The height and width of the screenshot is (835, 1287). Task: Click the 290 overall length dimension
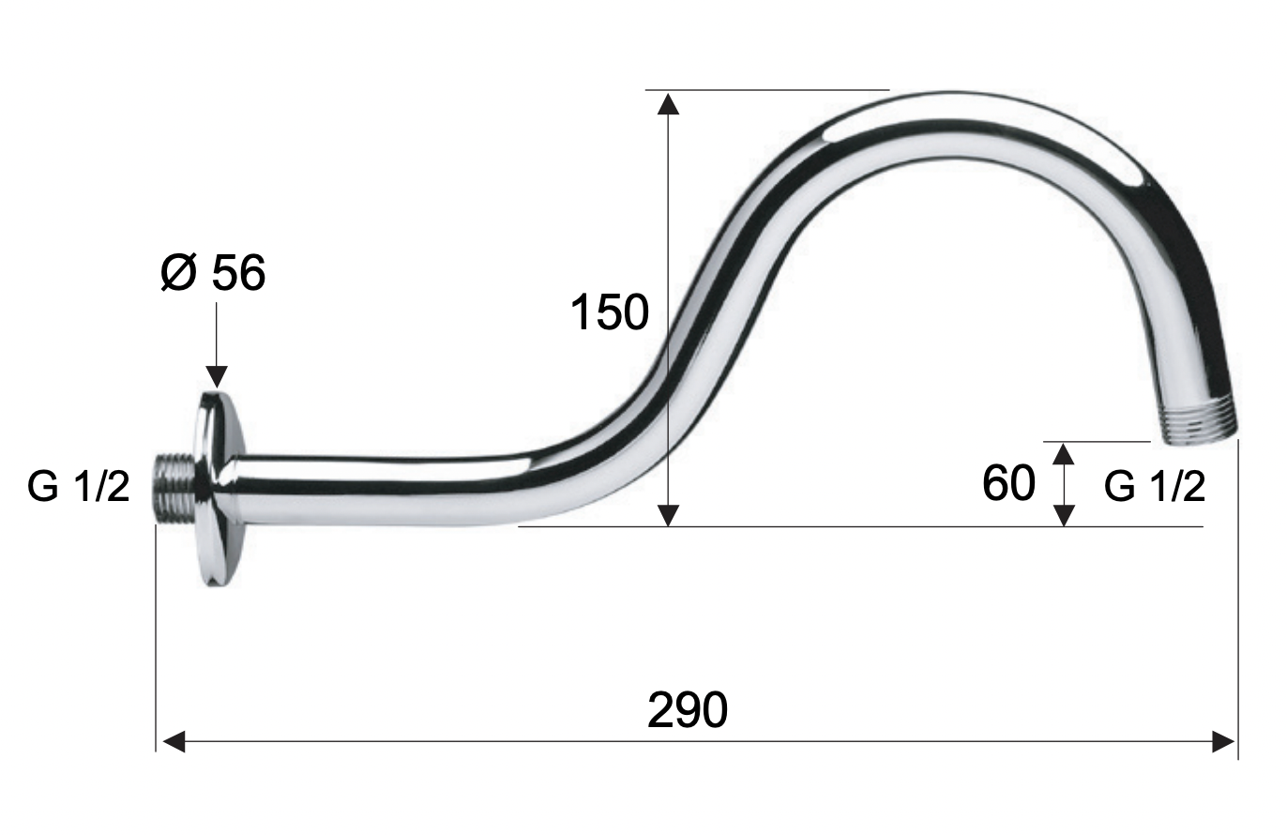(688, 711)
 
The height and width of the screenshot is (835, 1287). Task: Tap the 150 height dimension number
(610, 312)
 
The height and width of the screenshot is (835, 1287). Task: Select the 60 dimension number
(1009, 484)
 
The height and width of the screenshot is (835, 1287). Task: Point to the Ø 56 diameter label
(213, 272)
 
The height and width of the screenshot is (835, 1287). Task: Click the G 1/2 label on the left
(79, 487)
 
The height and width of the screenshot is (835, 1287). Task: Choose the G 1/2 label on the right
(1155, 487)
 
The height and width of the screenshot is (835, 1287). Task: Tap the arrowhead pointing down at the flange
(216, 376)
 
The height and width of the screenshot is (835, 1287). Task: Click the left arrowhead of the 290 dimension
(174, 742)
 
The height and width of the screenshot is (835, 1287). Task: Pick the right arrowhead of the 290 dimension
(1223, 742)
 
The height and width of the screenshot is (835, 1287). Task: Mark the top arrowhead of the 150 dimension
(668, 104)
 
